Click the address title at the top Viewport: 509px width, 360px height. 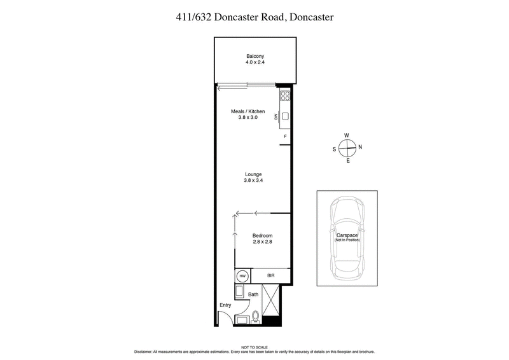[x=254, y=18]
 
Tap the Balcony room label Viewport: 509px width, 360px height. [x=255, y=56]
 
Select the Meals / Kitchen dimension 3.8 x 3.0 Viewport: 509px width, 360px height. [x=248, y=118]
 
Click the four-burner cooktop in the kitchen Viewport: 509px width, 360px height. [x=285, y=97]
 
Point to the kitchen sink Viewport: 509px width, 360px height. [x=286, y=116]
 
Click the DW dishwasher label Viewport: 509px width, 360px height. [x=276, y=116]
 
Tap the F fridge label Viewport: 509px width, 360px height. [x=285, y=137]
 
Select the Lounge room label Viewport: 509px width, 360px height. [x=253, y=174]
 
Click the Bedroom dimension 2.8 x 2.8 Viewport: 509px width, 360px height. [x=261, y=242]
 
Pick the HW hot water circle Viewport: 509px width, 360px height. [x=242, y=277]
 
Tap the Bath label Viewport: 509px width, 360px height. [x=253, y=294]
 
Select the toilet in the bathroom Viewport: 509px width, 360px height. [x=256, y=316]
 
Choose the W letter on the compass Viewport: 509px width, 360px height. [x=347, y=135]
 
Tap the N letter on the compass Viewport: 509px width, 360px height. [x=360, y=148]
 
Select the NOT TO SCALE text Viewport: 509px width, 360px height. [x=254, y=346]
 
